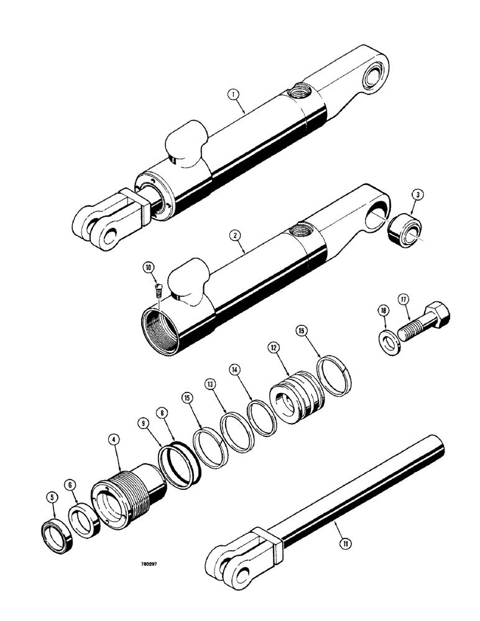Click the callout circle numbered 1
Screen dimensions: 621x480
[x=233, y=95]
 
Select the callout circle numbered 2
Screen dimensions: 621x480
[x=234, y=235]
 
